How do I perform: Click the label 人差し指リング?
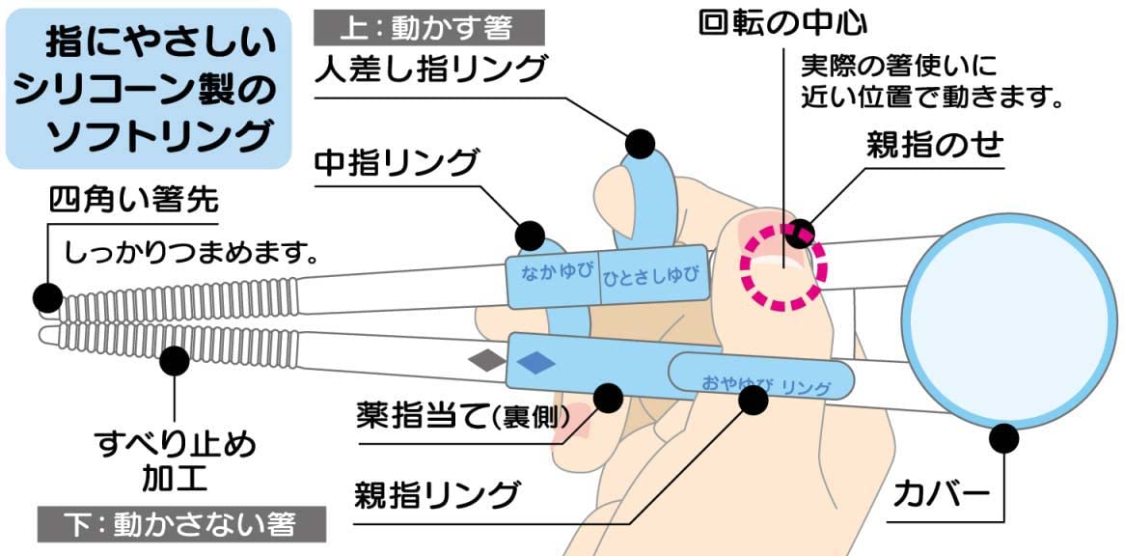pos(430,69)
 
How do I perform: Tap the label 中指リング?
pos(397,162)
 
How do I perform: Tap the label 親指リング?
pos(438,496)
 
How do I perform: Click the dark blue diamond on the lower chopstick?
pos(536,362)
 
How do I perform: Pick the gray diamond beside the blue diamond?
pos(487,361)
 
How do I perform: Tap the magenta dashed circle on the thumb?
pos(783,265)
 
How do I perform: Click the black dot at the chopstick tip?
pos(44,295)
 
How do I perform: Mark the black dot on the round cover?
pos(1004,438)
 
